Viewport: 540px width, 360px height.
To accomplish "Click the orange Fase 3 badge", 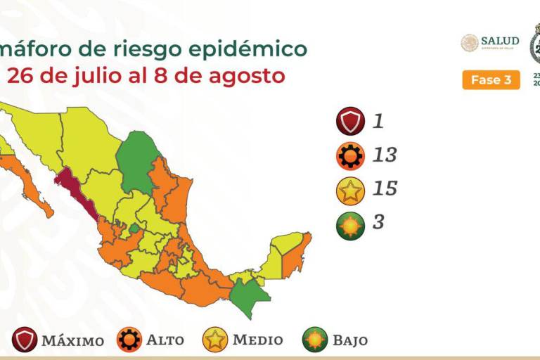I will (491, 80).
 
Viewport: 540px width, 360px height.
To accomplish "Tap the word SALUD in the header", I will (500, 41).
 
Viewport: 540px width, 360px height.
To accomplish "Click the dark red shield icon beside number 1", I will (349, 122).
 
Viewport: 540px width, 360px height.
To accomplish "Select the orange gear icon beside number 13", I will (349, 155).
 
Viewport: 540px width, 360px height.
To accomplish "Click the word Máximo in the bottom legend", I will (72, 341).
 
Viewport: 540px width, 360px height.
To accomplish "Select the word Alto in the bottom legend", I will (165, 340).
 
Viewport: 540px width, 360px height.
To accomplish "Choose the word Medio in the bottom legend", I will (257, 340).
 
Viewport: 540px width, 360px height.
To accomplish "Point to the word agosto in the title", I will (247, 75).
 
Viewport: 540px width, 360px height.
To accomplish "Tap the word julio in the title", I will (95, 75).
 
